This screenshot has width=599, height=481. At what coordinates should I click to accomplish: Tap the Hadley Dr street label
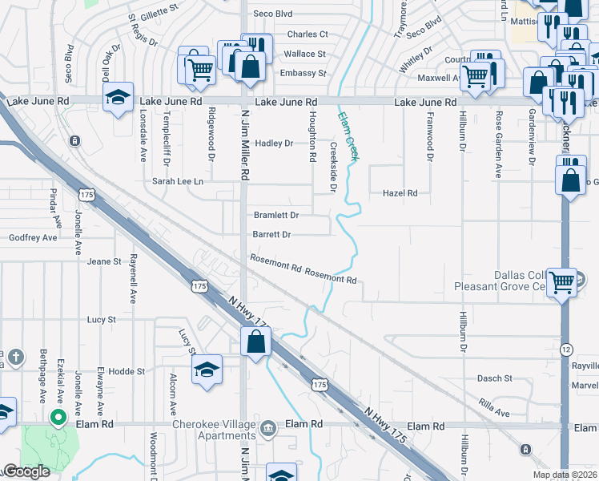(x=274, y=143)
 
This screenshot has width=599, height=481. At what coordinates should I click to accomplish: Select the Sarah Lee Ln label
(x=178, y=182)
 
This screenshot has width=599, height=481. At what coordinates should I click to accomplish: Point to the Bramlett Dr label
(x=276, y=216)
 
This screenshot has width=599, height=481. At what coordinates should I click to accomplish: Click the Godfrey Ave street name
(x=33, y=238)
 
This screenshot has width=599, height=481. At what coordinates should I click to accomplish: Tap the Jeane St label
(x=104, y=261)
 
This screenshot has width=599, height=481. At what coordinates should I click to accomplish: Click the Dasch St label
(x=495, y=378)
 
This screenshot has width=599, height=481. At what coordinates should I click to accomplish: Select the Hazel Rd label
(x=400, y=193)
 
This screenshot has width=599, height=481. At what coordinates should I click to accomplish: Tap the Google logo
(x=26, y=472)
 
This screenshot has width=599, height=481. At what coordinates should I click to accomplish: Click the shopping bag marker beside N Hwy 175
(x=255, y=342)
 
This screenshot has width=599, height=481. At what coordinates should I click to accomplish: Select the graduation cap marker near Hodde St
(x=207, y=370)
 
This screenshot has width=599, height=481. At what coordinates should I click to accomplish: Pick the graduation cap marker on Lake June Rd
(x=119, y=99)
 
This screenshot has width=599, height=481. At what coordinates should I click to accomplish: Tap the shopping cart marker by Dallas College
(x=562, y=281)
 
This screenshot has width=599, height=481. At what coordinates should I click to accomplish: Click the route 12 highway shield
(x=566, y=350)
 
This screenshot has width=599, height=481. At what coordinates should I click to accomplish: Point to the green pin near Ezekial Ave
(x=58, y=417)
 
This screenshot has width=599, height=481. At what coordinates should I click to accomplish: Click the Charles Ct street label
(x=308, y=34)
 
